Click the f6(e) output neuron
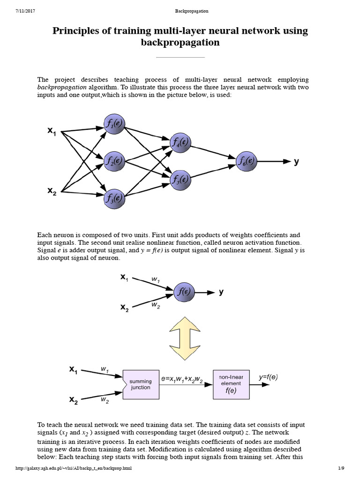coord(247,161)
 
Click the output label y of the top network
coord(296,162)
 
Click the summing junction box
coord(141,384)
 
